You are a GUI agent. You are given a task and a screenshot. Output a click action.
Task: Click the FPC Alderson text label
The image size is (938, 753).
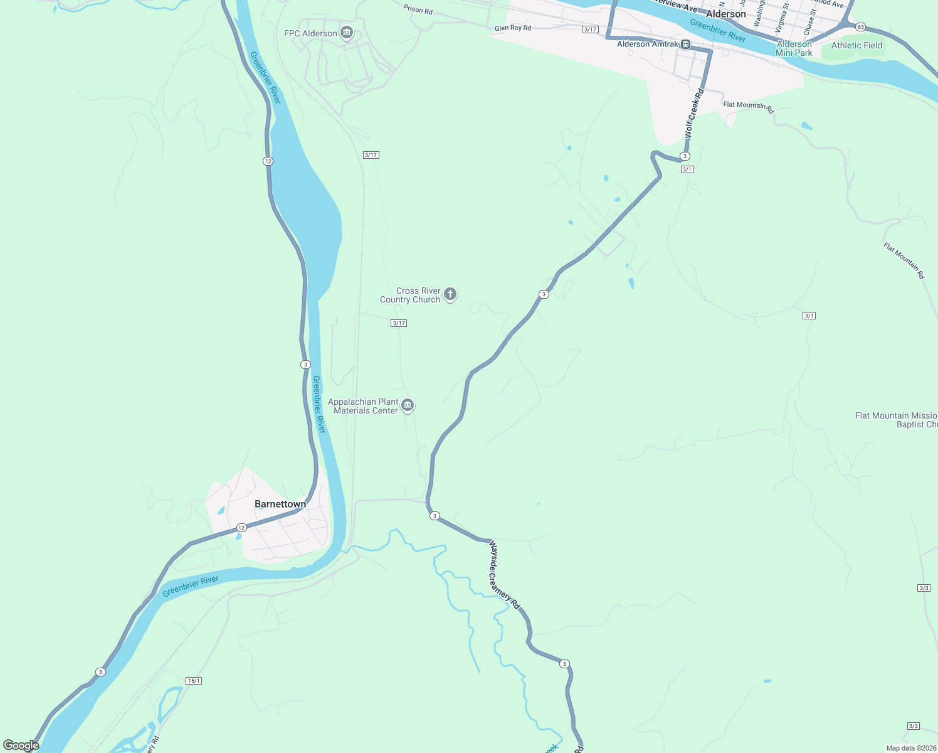click(x=310, y=33)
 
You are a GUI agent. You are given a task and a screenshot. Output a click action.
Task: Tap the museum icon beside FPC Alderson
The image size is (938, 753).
click(x=346, y=33)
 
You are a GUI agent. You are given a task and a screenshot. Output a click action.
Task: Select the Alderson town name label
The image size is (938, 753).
click(x=725, y=14)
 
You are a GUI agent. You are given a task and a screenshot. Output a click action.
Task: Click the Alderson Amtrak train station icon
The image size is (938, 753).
click(x=686, y=45)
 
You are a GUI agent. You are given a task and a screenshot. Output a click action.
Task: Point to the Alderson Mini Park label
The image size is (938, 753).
click(x=794, y=48)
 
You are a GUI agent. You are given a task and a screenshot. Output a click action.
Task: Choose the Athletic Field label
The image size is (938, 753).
click(x=856, y=45)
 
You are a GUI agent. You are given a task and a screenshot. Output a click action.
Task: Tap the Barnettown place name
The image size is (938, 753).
click(x=280, y=504)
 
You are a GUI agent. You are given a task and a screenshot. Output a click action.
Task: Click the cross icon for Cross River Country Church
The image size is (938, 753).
click(x=450, y=294)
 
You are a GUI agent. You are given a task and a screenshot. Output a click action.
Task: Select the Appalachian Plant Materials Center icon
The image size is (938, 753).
click(x=408, y=405)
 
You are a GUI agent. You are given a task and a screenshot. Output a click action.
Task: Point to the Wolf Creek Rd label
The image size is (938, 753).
click(x=694, y=114)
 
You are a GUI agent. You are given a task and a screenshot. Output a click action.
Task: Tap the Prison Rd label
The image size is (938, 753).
click(x=418, y=9)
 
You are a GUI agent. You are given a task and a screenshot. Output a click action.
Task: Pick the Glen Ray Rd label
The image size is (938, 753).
click(x=512, y=28)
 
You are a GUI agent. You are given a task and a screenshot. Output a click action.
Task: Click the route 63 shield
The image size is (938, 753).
click(x=861, y=27)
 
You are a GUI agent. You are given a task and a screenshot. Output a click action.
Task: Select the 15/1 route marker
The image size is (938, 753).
click(x=194, y=681)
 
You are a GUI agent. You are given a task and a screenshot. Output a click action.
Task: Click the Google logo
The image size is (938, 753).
click(x=21, y=745)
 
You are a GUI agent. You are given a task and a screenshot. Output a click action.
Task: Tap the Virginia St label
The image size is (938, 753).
click(x=781, y=18)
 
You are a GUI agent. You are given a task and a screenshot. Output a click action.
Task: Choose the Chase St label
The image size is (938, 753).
click(x=809, y=22)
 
